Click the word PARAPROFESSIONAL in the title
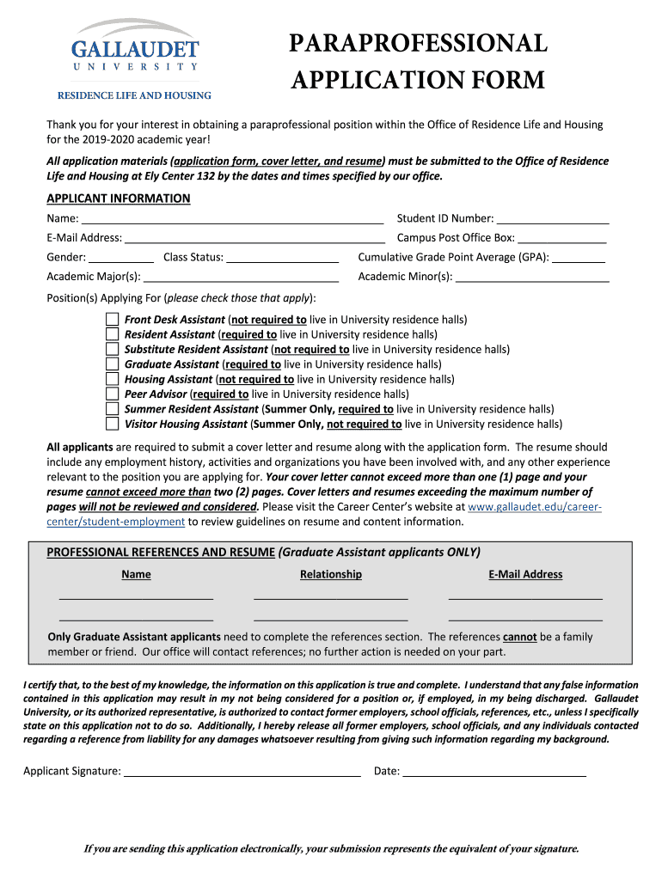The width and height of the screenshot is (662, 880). pos(418,44)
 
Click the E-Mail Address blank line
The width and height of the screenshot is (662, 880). pos(254,238)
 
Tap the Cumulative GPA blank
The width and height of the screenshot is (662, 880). pos(579,257)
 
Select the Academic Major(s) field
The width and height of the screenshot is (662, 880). pos(241,277)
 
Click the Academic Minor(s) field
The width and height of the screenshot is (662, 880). pos(532,277)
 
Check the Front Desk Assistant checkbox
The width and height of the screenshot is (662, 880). pos(113,319)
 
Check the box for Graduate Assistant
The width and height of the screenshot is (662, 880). pos(113,364)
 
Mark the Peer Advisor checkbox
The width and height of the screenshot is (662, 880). pos(113,394)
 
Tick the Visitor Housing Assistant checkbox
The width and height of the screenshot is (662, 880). pos(113,424)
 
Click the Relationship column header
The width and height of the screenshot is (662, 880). pos(330,574)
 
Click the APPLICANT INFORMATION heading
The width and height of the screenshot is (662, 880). pos(118,199)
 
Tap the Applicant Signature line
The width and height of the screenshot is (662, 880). pos(242,771)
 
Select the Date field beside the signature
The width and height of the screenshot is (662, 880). pos(494,771)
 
